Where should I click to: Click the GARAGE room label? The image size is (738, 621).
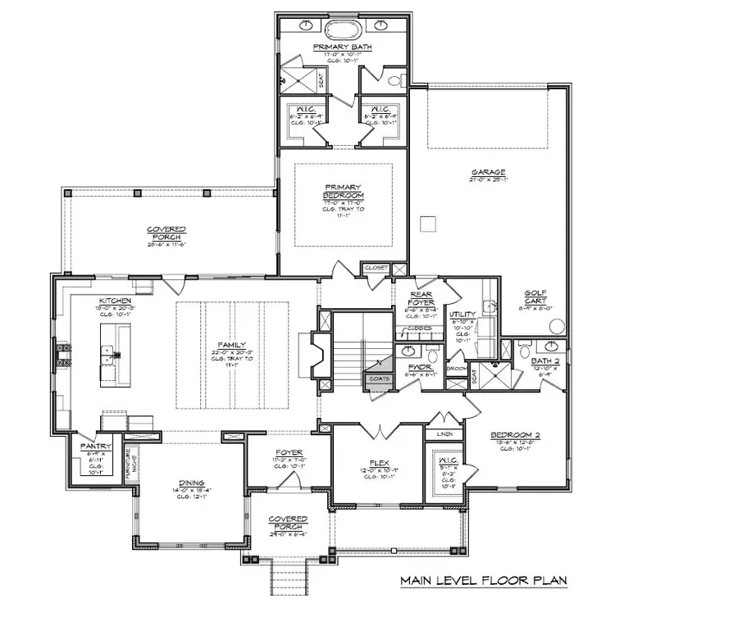[487, 173]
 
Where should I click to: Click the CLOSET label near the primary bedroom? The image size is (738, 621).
[376, 268]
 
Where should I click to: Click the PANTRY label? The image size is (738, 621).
[90, 446]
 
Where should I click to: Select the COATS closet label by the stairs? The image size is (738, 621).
[379, 378]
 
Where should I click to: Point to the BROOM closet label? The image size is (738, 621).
[456, 369]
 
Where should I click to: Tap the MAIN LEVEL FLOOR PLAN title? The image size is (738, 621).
[483, 581]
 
